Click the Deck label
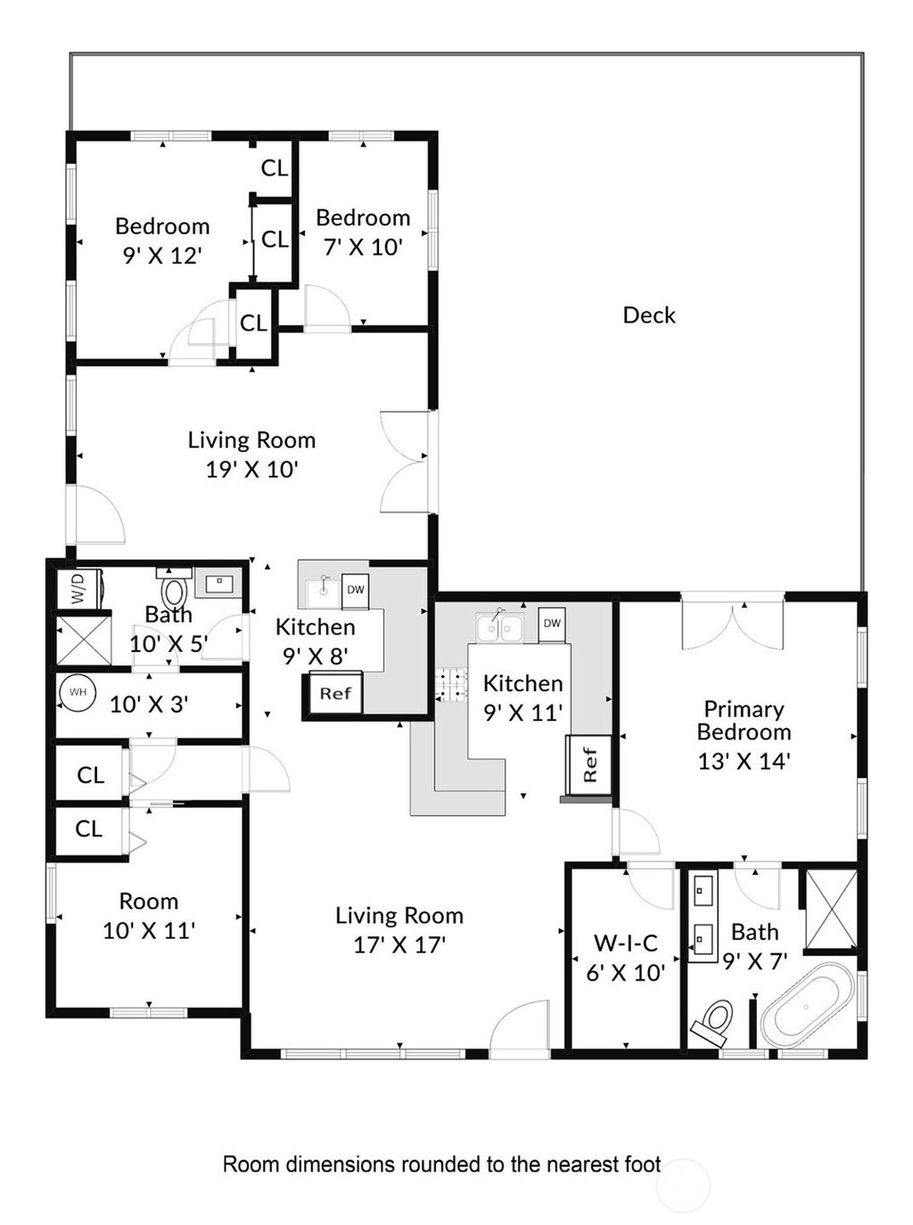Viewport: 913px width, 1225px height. point(648,314)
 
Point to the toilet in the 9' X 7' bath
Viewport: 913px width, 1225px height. point(715,1022)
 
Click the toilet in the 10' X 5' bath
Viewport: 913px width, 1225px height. point(175,590)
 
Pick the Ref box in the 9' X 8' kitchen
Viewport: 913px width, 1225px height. point(334,693)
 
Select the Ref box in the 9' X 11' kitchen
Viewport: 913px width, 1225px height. point(589,764)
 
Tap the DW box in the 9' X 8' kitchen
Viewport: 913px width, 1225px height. point(355,589)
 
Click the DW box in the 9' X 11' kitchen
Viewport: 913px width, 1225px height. point(552,623)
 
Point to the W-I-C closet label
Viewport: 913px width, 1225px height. point(625,943)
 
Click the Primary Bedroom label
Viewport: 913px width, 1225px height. point(744,721)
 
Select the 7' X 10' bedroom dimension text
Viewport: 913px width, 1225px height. point(363,247)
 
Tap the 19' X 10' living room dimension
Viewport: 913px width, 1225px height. point(251,469)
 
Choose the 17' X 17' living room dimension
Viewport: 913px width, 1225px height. point(399,944)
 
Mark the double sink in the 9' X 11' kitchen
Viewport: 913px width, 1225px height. point(499,628)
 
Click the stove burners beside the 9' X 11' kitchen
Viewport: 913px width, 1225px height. point(451,683)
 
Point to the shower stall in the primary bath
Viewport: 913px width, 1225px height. point(831,909)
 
